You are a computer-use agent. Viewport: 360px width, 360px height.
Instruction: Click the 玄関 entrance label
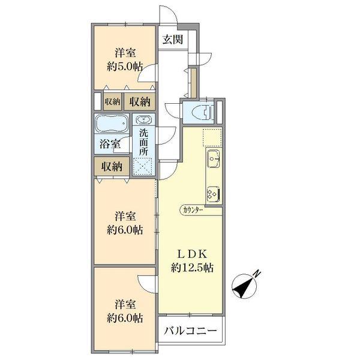point(173,40)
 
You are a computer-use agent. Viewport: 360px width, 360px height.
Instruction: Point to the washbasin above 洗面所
point(144,119)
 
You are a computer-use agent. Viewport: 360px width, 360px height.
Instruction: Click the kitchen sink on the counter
point(214,158)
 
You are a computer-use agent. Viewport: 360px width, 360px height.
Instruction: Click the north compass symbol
point(245,284)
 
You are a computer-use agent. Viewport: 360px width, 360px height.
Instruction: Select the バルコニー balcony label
point(190,331)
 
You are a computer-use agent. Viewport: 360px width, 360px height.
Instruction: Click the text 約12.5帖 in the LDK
point(192,268)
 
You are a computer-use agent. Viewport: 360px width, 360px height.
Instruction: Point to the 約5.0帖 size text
point(125,67)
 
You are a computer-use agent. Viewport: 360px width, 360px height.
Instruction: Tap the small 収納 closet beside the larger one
point(112,101)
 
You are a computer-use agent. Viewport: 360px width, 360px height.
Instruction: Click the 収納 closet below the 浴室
point(112,166)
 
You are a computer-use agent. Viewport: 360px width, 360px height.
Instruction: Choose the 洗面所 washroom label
point(143,142)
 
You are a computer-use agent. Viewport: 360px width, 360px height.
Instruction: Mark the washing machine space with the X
point(143,166)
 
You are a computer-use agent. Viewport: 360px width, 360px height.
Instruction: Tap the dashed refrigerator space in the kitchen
point(212,137)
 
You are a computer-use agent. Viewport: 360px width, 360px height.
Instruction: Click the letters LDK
point(192,254)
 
